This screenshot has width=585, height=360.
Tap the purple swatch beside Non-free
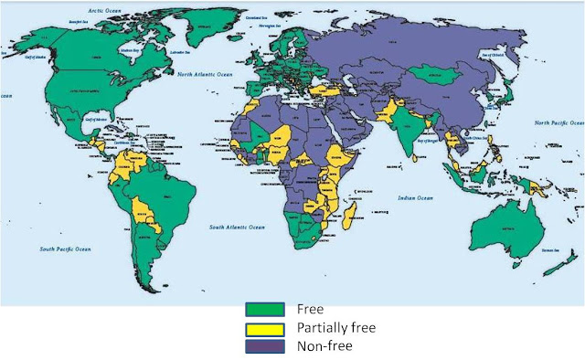(x=262, y=345)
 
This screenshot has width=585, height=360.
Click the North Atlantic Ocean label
(x=206, y=74)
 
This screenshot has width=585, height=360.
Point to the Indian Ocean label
(x=413, y=196)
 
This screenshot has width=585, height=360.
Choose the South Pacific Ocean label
(x=66, y=249)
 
